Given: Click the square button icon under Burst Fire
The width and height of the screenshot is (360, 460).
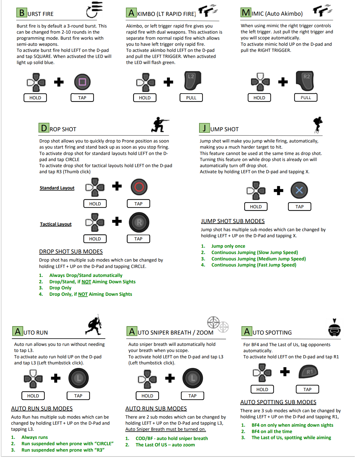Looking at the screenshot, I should [x=82, y=82].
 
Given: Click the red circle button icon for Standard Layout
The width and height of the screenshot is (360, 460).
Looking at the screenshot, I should [x=139, y=187].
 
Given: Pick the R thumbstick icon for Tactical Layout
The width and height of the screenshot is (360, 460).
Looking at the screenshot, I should [x=139, y=222].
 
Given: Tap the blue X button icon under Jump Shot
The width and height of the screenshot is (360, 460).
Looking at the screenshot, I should [x=299, y=190].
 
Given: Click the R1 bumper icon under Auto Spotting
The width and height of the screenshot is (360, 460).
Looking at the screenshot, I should [x=308, y=372].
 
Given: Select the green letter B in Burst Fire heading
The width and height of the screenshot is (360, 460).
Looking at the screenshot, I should [x=22, y=13].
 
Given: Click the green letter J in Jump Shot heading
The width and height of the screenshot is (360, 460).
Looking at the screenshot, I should [x=204, y=128].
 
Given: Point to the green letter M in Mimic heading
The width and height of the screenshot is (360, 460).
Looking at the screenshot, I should [x=246, y=12].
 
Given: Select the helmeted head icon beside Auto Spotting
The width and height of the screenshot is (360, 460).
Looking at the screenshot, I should [x=334, y=328].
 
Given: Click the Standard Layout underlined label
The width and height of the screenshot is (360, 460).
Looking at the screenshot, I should [x=57, y=188].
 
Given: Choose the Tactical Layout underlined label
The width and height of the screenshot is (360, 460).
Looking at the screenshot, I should [x=56, y=224].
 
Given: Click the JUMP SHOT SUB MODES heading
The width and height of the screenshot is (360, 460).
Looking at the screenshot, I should [x=233, y=221].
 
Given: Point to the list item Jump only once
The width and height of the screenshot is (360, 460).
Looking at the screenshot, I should [x=228, y=246].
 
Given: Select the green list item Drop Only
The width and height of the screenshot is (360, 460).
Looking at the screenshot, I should [x=60, y=288].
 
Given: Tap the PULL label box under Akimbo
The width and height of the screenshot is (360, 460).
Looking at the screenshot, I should [x=191, y=98].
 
